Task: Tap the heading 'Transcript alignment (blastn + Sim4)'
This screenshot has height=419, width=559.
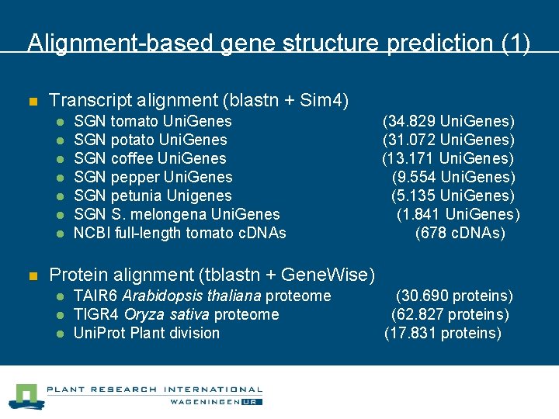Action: pos(199,100)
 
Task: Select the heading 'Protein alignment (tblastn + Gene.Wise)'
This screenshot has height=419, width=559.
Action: pos(212,274)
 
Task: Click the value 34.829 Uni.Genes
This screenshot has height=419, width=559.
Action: pos(448,121)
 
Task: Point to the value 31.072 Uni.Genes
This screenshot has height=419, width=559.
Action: pos(448,140)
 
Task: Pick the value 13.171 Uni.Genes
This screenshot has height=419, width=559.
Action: pos(447,158)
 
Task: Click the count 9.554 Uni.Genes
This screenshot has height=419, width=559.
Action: pos(453,177)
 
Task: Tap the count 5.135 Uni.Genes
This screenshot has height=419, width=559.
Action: pos(453,196)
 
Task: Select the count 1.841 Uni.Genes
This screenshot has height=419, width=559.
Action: pos(458,214)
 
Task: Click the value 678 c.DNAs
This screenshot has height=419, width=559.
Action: pos(460,233)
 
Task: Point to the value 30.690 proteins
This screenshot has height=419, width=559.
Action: pos(454,296)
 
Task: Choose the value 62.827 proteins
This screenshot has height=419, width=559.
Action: pos(450,314)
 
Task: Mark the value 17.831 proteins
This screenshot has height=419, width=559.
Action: pos(443,333)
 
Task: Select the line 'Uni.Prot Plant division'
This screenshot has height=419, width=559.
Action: pos(146,333)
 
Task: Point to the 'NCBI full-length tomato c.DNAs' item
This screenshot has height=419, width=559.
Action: pos(179,233)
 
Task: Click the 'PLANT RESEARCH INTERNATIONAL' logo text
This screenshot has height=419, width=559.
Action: pos(155,390)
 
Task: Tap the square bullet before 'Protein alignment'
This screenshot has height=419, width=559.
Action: pos(33,275)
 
